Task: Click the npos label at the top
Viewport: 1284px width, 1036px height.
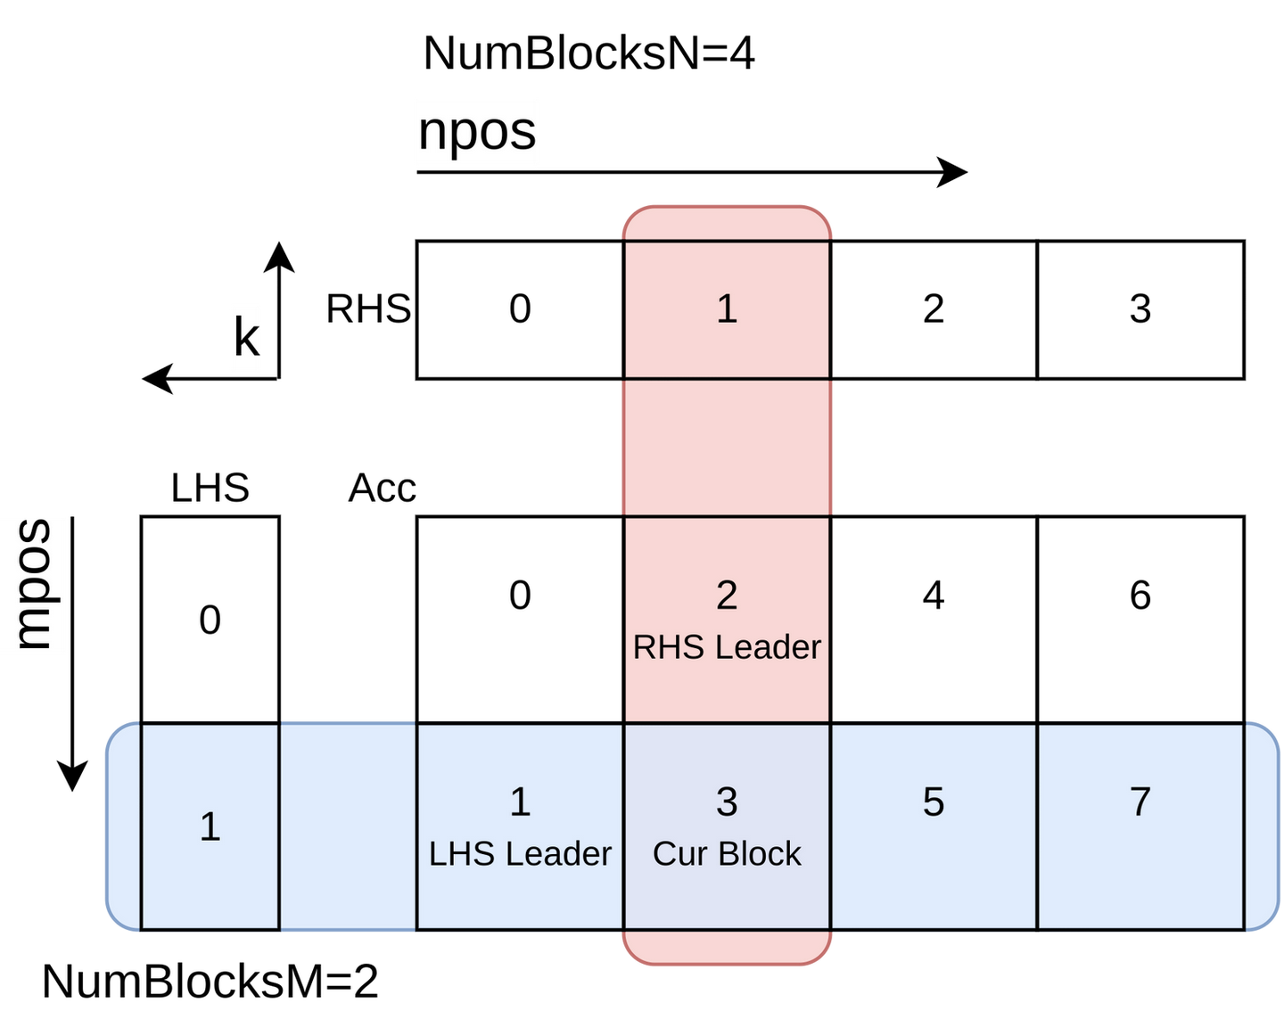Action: coord(476,132)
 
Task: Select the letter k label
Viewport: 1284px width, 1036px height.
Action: coord(245,339)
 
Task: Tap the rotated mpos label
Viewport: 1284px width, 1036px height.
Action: coord(34,586)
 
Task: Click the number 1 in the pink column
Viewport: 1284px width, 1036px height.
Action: coord(727,309)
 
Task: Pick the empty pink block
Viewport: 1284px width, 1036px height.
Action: coord(727,448)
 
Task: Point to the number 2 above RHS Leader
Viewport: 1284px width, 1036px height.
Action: coord(727,596)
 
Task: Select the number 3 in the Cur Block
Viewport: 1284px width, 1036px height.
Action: coord(727,802)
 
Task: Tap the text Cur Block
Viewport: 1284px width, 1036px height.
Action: coord(727,854)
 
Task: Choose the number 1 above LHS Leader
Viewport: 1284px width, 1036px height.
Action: coord(520,802)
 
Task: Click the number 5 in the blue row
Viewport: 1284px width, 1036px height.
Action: coord(933,802)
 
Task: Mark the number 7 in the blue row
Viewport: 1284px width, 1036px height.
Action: coord(1140,802)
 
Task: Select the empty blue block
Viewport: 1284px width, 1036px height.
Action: coord(348,826)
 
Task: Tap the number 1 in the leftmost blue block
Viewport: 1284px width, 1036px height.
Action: coord(210,826)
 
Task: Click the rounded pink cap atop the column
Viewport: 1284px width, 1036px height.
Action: coord(727,223)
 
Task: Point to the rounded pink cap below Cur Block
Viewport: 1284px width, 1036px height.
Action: coord(727,948)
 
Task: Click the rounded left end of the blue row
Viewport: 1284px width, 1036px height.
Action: coord(123,826)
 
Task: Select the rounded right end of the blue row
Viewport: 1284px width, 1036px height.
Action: coord(1263,826)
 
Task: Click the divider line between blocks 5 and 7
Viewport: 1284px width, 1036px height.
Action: coord(1037,826)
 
